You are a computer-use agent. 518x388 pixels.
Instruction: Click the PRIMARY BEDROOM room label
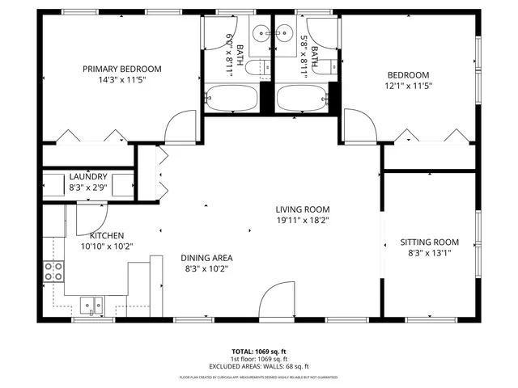click(122, 69)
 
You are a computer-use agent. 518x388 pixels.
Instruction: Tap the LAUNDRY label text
click(88, 177)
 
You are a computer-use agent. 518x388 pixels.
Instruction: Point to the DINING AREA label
click(206, 258)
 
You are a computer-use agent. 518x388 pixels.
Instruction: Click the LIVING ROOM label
click(302, 209)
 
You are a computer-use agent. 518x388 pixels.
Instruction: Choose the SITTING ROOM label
click(429, 242)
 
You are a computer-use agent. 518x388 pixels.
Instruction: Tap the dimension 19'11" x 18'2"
click(302, 220)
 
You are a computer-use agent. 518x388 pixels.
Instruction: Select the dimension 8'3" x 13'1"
click(429, 253)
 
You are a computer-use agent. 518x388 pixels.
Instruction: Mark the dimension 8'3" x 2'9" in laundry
click(88, 188)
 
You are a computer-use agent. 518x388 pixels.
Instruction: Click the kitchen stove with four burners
click(53, 272)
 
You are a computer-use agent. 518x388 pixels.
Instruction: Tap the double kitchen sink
click(91, 306)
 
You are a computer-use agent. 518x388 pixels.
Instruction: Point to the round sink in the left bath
click(261, 33)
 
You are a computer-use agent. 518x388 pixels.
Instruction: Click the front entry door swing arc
click(277, 302)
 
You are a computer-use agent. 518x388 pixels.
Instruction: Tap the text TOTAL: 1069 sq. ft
click(258, 352)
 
